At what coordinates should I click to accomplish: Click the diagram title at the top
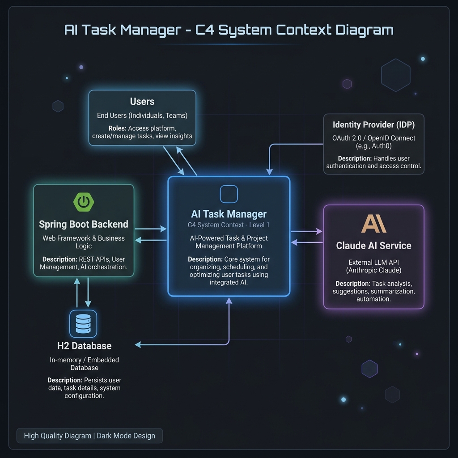(229, 30)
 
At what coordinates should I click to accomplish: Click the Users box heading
(142, 102)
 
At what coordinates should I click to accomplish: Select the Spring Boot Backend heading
(84, 224)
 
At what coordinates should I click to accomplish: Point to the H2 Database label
(84, 346)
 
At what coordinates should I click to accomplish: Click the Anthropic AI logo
(373, 224)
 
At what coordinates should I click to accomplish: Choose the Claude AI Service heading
(373, 246)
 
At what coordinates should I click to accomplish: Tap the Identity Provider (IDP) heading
(373, 125)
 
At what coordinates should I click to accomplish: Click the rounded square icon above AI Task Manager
(229, 194)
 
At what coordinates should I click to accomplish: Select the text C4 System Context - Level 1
(229, 225)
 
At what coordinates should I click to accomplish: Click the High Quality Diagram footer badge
(89, 436)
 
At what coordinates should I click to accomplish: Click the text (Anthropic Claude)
(373, 270)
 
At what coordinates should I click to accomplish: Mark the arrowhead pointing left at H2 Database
(138, 344)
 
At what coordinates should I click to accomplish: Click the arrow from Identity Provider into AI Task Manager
(269, 170)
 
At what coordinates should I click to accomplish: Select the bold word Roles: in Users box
(117, 128)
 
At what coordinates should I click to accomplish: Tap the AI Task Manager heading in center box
(229, 214)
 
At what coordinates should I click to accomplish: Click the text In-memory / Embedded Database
(84, 364)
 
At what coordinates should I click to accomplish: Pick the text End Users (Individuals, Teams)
(142, 115)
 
